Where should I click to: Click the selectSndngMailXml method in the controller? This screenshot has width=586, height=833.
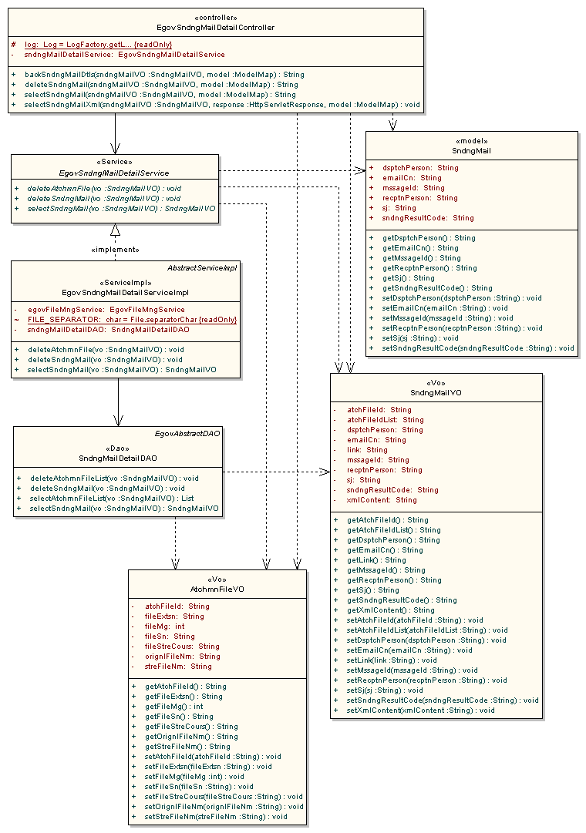(x=216, y=105)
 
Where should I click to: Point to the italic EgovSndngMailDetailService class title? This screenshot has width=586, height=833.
(x=113, y=173)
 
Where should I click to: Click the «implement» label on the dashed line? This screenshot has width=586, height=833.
(x=115, y=250)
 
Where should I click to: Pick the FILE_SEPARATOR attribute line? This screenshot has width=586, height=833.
(x=131, y=319)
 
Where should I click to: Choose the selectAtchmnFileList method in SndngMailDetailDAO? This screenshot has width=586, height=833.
(x=112, y=499)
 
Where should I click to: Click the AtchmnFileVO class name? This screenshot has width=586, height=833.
(x=217, y=589)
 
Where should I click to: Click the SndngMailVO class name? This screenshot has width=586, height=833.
(x=436, y=392)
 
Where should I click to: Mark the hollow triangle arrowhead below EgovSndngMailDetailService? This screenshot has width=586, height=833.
(x=115, y=230)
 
